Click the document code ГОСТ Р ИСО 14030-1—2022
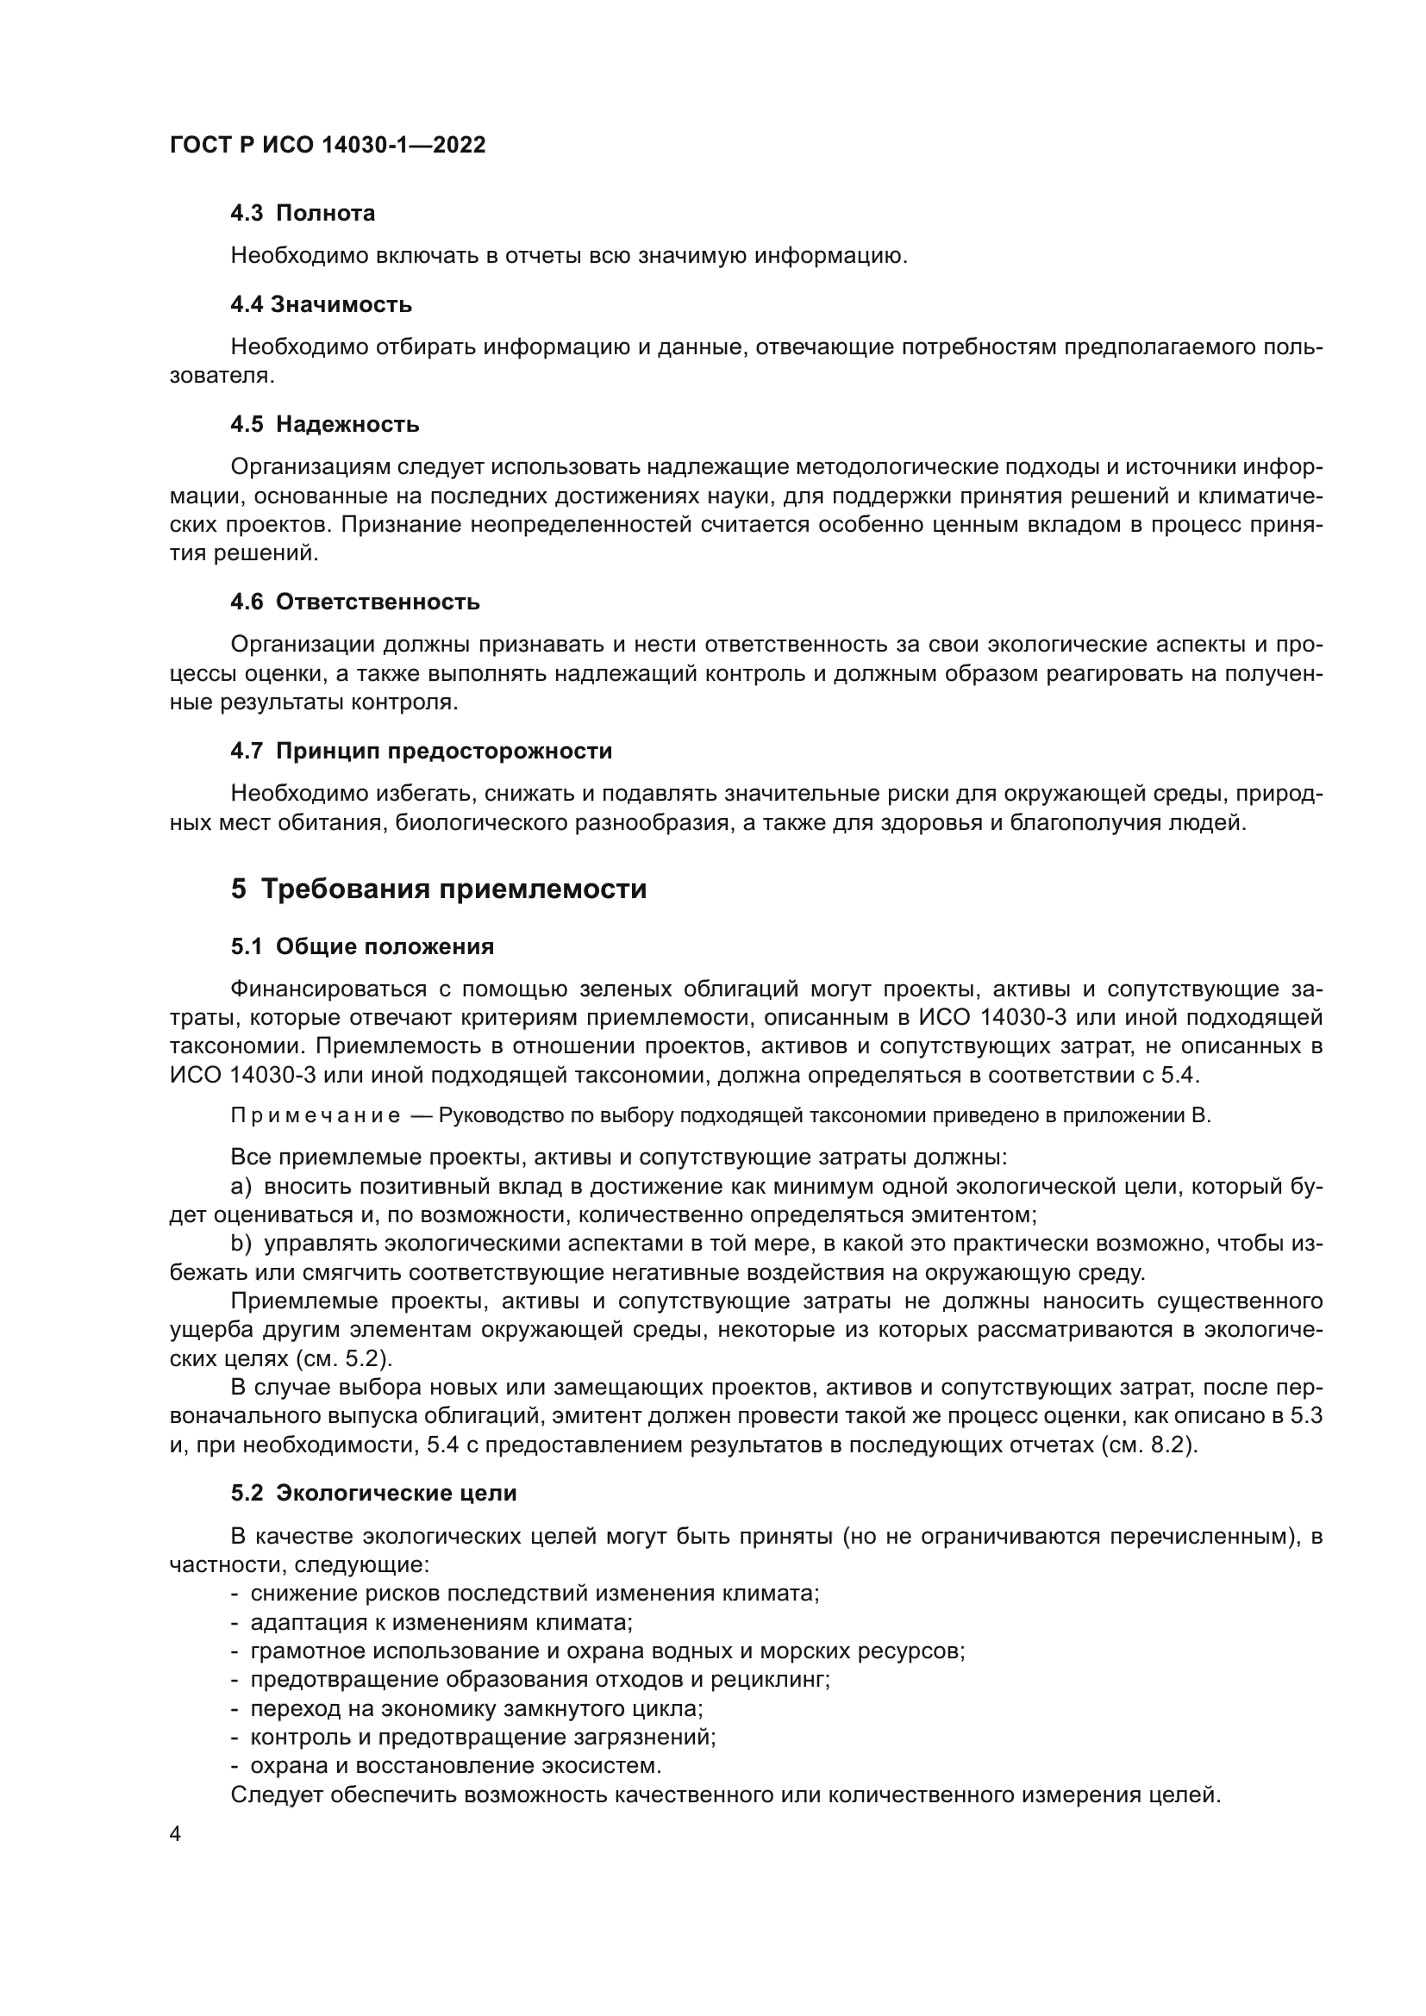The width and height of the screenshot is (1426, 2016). click(x=328, y=146)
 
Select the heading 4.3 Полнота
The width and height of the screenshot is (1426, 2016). click(x=303, y=214)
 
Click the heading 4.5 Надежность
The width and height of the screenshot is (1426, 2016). click(x=325, y=425)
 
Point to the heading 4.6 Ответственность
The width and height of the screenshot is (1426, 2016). click(x=354, y=602)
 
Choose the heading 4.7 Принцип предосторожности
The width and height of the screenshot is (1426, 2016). click(x=422, y=752)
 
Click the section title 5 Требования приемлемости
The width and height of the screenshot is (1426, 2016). click(x=439, y=889)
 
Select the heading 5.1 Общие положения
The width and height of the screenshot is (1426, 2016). click(x=363, y=946)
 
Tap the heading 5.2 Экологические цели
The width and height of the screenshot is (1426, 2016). click(x=374, y=1494)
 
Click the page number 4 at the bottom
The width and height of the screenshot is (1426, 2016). click(x=176, y=1834)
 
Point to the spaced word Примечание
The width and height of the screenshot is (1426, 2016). click(x=316, y=1117)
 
